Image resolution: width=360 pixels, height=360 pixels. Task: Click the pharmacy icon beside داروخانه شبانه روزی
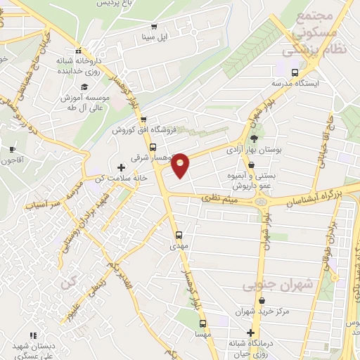pyautogui.click(x=79, y=51)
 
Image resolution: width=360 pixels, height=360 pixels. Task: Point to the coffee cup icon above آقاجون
pyautogui.click(x=12, y=149)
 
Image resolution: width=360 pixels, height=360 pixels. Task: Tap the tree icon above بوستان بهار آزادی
pyautogui.click(x=253, y=139)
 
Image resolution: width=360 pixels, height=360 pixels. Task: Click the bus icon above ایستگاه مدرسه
pyautogui.click(x=294, y=72)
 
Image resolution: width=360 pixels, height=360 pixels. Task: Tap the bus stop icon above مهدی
pyautogui.click(x=178, y=236)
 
